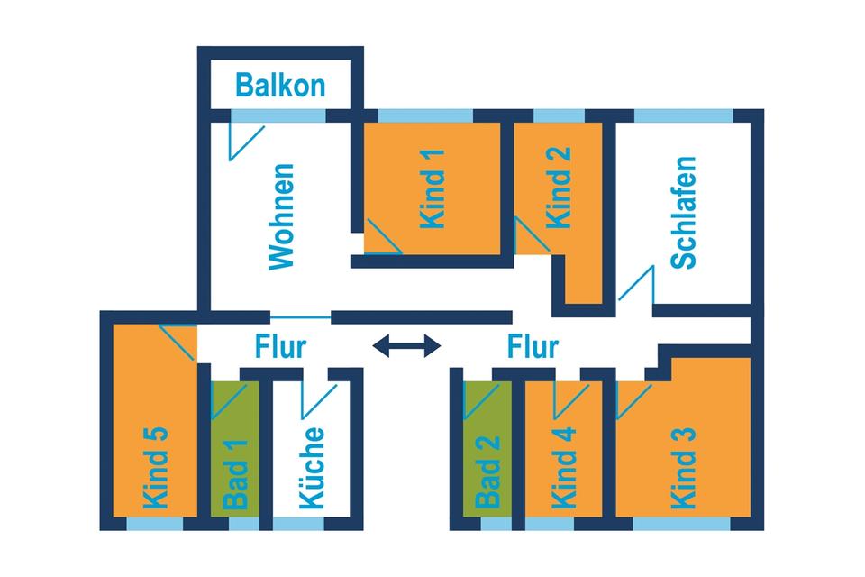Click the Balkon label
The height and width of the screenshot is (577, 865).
pyautogui.click(x=280, y=85)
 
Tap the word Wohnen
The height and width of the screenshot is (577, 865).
pyautogui.click(x=282, y=216)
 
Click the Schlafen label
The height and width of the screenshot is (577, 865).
pyautogui.click(x=685, y=213)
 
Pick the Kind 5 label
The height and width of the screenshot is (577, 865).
pyautogui.click(x=155, y=466)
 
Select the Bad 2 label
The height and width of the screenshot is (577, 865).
pyautogui.click(x=487, y=471)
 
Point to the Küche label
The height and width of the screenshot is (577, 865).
pyautogui.click(x=311, y=468)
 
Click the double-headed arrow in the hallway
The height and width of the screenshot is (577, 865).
pyautogui.click(x=407, y=345)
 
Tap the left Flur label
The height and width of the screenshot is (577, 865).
pyautogui.click(x=281, y=346)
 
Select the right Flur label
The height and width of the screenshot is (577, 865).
pyautogui.click(x=533, y=346)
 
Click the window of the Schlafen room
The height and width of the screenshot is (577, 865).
pyautogui.click(x=684, y=115)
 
